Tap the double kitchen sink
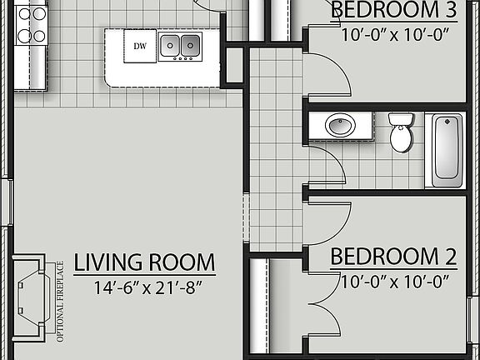181,47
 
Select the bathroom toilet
401,132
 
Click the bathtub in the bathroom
446,149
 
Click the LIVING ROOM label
144,262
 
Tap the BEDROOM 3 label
394,11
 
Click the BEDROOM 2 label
394,256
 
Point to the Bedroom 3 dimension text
394,36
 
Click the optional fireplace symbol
32,292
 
